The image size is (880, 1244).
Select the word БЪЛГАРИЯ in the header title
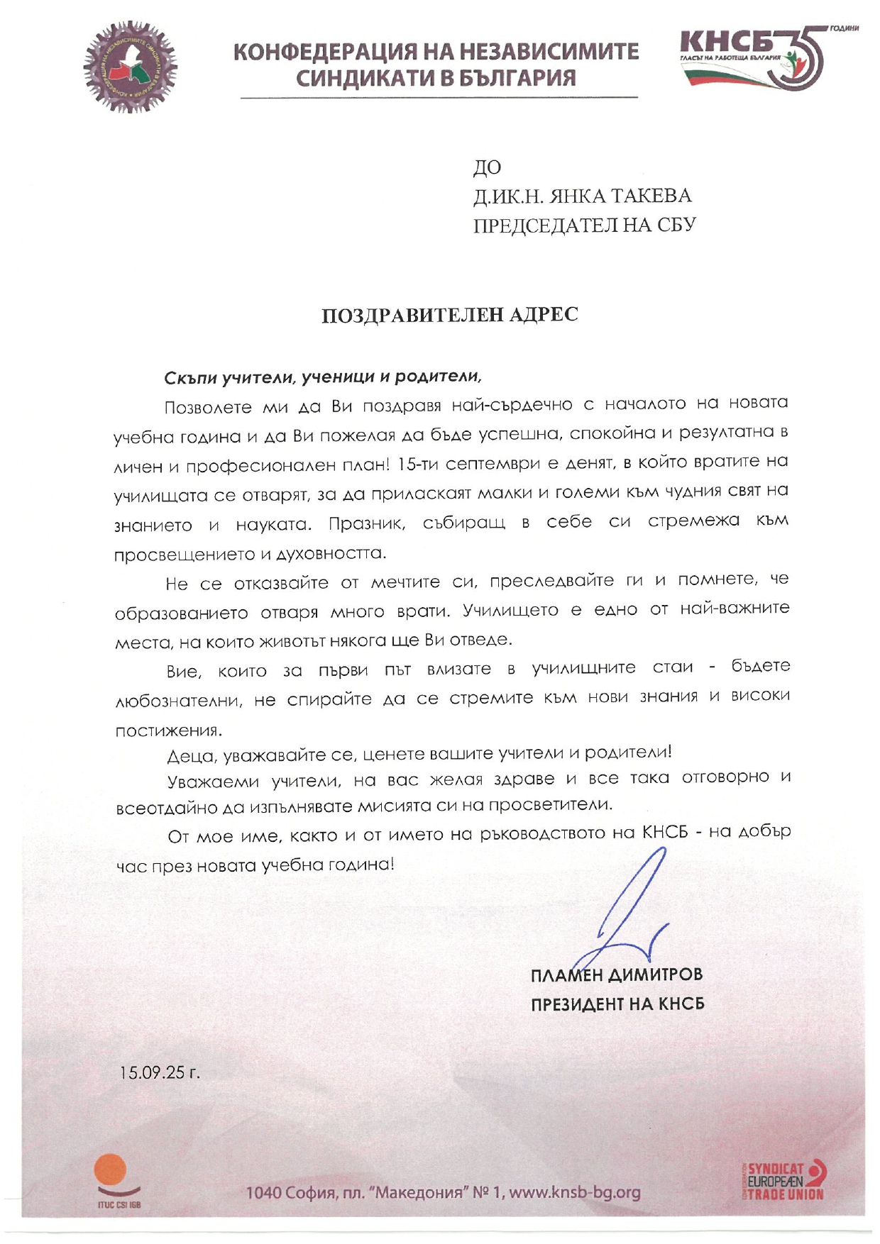(517, 77)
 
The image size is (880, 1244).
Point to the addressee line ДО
(487, 167)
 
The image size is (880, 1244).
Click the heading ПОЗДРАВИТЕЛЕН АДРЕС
(450, 314)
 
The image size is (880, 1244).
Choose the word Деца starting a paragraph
(190, 756)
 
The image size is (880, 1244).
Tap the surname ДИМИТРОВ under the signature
(656, 974)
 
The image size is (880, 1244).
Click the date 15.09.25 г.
(160, 1072)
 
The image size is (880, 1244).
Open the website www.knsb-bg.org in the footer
(575, 1192)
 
